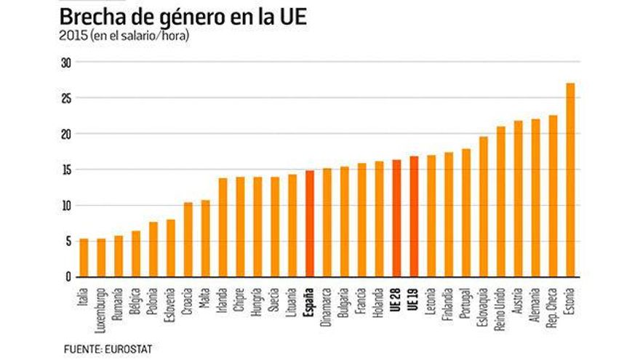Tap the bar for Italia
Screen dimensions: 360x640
pyautogui.click(x=84, y=257)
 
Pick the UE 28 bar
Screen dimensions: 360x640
pyautogui.click(x=396, y=218)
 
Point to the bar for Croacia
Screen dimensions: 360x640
pyautogui.click(x=188, y=239)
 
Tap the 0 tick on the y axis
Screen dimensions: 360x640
pyautogui.click(x=68, y=277)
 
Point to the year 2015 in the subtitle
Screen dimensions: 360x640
pyautogui.click(x=72, y=35)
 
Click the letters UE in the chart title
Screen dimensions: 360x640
pyautogui.click(x=289, y=16)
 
